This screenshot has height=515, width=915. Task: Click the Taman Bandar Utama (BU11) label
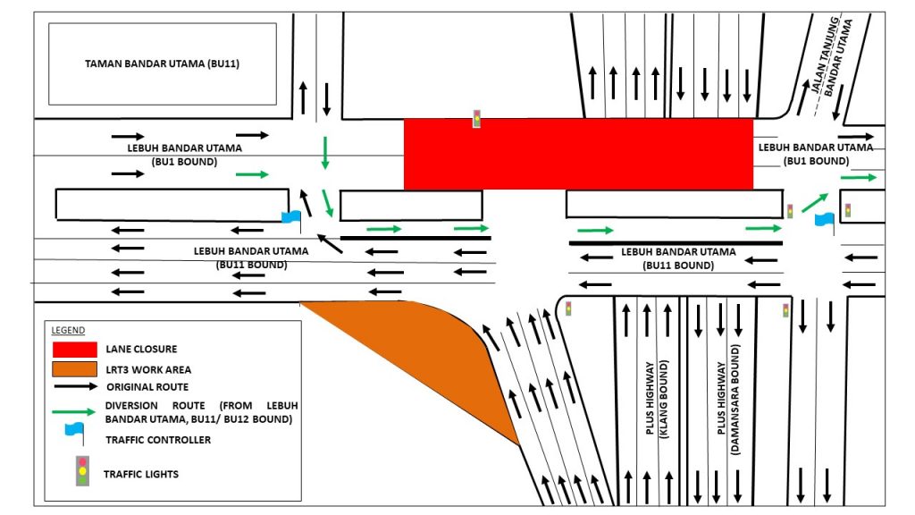(163, 64)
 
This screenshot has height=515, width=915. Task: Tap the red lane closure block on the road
(578, 154)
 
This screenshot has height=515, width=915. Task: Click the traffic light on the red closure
(477, 118)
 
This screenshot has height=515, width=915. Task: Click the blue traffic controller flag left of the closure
(291, 217)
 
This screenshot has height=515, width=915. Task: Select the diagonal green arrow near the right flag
(813, 201)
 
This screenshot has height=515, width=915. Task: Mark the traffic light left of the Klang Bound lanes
(568, 308)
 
